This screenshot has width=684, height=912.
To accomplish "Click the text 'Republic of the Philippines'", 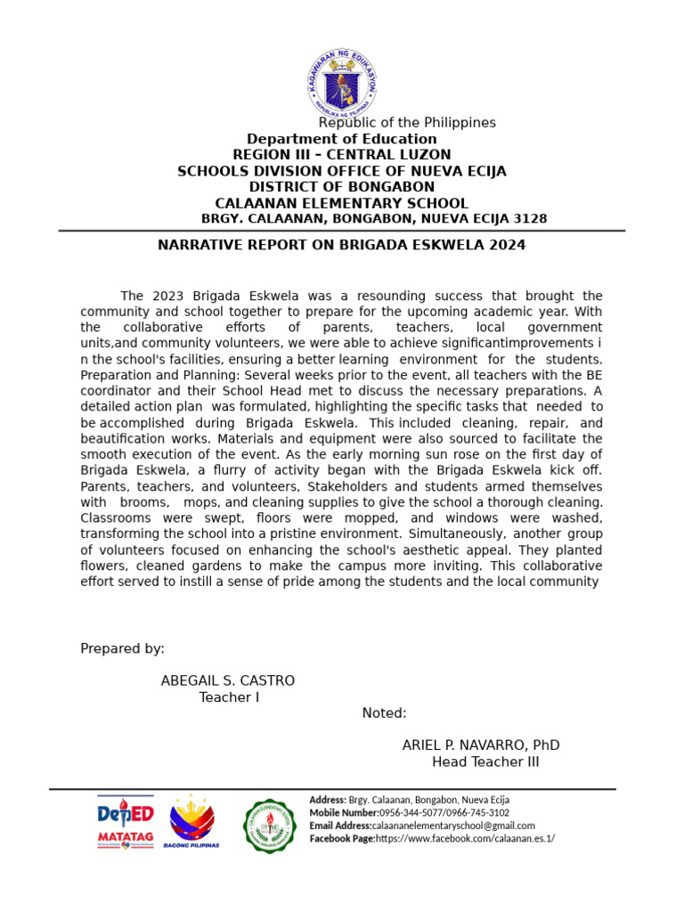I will point(407,123).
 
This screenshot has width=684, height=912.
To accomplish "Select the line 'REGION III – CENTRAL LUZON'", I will point(341,155).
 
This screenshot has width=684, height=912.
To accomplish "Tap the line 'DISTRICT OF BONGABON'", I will point(341,187).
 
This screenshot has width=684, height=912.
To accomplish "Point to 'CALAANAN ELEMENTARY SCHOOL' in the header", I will point(341,203).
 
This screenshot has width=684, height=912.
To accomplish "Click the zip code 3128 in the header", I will point(531,219).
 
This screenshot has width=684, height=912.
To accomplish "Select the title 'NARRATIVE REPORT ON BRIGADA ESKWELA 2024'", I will point(341,245).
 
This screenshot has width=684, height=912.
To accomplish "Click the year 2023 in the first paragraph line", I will point(167,296).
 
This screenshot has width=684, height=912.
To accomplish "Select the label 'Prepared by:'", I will point(122,648).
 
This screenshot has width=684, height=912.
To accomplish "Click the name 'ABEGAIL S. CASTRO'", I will point(227,680).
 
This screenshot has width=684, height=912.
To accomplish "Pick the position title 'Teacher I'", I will point(229,697).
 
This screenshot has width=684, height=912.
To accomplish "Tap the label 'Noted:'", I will point(384,713).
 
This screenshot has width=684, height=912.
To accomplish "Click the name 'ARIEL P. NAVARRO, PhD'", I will point(481,745).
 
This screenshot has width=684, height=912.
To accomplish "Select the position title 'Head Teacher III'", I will point(485,762).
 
